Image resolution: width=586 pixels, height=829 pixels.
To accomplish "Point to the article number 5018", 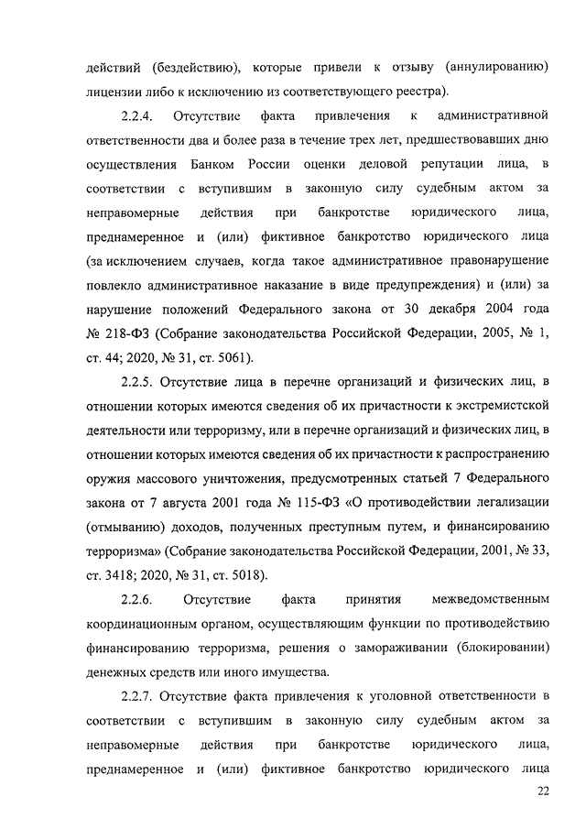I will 245,575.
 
